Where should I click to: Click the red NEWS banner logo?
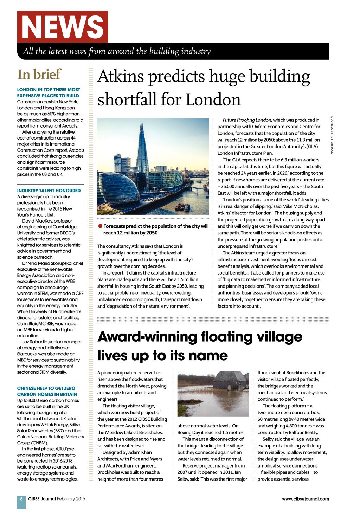pyautogui.click(x=63, y=27)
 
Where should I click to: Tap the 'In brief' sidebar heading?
pyautogui.click(x=39, y=75)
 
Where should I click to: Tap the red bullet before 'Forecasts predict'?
pyautogui.click(x=100, y=226)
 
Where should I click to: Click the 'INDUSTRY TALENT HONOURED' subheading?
pyautogui.click(x=49, y=191)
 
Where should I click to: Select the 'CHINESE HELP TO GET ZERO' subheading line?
pyautogui.click(x=46, y=388)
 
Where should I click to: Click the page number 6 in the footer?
pyautogui.click(x=21, y=499)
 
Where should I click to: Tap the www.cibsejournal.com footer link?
pyautogui.click(x=306, y=499)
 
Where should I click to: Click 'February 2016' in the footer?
pyautogui.click(x=71, y=499)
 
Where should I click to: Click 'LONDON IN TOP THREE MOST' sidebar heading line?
pyautogui.click(x=49, y=90)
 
